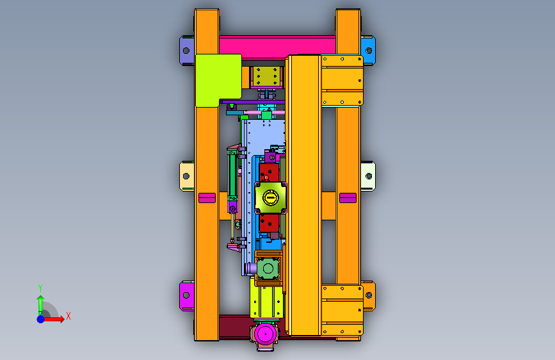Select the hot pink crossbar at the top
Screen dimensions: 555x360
(x=277, y=47)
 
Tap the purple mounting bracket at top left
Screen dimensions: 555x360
(x=186, y=51)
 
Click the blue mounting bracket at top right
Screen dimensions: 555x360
(x=367, y=51)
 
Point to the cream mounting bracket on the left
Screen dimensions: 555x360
(x=186, y=176)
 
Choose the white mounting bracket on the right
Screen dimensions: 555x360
(x=367, y=176)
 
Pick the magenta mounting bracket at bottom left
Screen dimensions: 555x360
(x=186, y=295)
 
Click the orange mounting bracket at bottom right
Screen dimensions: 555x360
(x=369, y=295)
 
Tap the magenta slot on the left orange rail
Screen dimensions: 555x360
(x=207, y=198)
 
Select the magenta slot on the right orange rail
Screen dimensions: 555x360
(x=348, y=198)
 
